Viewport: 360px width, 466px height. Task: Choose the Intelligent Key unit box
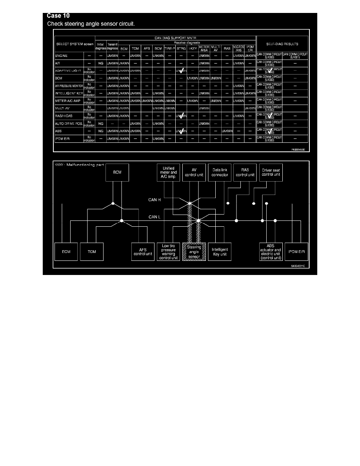coord(220,251)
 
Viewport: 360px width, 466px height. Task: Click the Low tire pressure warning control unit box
coord(169,251)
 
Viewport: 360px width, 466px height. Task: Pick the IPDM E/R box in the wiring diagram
coord(297,251)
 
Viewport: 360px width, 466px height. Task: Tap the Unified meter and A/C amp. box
coord(169,173)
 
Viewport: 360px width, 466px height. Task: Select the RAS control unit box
coord(245,173)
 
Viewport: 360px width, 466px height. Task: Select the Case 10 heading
coord(58,16)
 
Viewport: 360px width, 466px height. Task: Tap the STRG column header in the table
coord(181,49)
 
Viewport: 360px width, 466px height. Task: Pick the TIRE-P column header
coord(169,49)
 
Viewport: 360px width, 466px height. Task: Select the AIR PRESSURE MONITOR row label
coord(69,85)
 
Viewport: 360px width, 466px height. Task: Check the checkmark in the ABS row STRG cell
coord(181,131)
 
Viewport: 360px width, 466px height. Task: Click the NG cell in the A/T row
coord(100,64)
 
